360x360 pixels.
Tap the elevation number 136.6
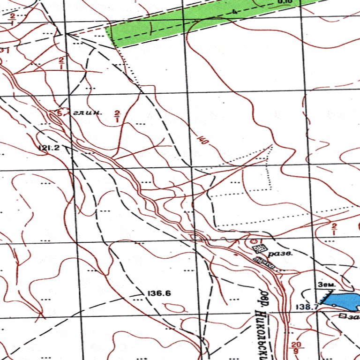click(x=159, y=293)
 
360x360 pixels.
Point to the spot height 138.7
click(x=307, y=307)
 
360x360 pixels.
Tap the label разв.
click(x=281, y=254)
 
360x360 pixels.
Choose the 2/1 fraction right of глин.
click(x=117, y=115)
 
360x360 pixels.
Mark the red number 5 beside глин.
click(x=59, y=112)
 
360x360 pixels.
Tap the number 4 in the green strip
click(x=233, y=11)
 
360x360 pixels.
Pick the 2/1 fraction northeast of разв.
click(x=334, y=229)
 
